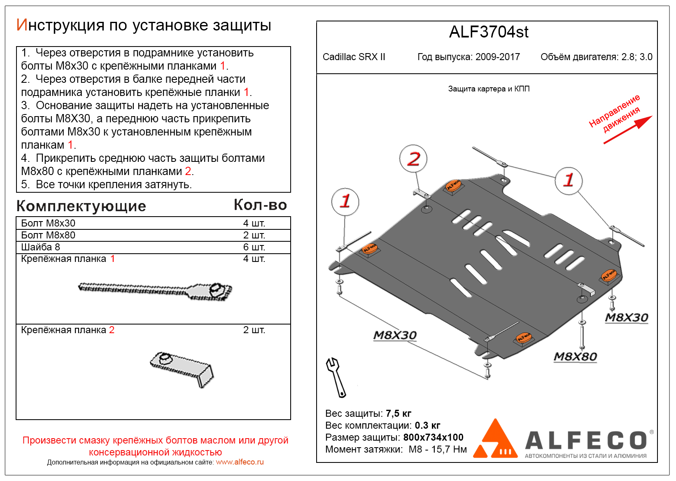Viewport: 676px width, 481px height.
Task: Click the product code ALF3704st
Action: coord(488,32)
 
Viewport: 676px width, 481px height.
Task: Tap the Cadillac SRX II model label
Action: coord(354,57)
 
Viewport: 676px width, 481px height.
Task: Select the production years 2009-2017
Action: coord(497,57)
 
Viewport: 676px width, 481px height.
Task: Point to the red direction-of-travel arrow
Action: coord(628,130)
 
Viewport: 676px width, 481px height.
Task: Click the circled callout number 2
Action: coord(413,159)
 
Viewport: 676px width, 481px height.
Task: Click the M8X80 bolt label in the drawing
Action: coord(575,357)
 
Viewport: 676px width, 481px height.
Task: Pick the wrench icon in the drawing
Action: coord(336,377)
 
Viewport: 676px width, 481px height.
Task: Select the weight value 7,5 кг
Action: coord(399,413)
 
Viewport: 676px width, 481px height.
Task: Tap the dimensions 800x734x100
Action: coord(433,437)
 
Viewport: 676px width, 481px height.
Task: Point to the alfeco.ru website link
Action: coord(240,462)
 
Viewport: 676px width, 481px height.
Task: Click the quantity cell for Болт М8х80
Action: coord(254,235)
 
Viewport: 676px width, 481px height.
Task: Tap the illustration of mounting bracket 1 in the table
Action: coord(155,290)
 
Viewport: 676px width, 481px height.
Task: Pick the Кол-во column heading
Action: coord(260,205)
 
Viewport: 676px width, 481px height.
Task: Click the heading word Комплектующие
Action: coord(81,206)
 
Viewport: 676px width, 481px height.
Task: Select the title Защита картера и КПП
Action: coord(489,89)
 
